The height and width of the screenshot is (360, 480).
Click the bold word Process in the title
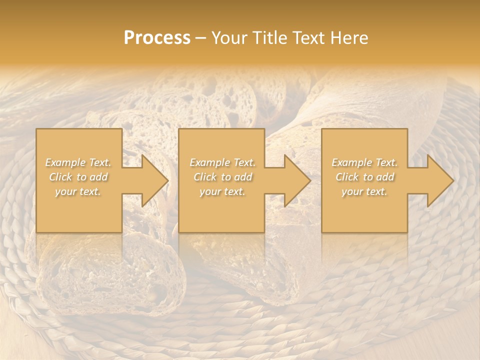point(157,38)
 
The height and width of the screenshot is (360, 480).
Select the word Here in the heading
point(350,38)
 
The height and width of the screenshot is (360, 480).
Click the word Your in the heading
point(228,38)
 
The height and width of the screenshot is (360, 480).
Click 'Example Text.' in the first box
point(78,162)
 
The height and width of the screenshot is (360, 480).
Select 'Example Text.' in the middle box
point(222,162)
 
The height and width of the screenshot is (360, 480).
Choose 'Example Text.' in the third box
point(364,162)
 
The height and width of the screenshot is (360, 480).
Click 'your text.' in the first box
point(78,191)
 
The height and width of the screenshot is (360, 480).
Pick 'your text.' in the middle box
point(222,191)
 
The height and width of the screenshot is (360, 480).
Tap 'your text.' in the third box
point(364,191)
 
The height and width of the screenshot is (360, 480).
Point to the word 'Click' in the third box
point(347,177)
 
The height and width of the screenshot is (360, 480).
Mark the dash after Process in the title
point(201,38)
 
